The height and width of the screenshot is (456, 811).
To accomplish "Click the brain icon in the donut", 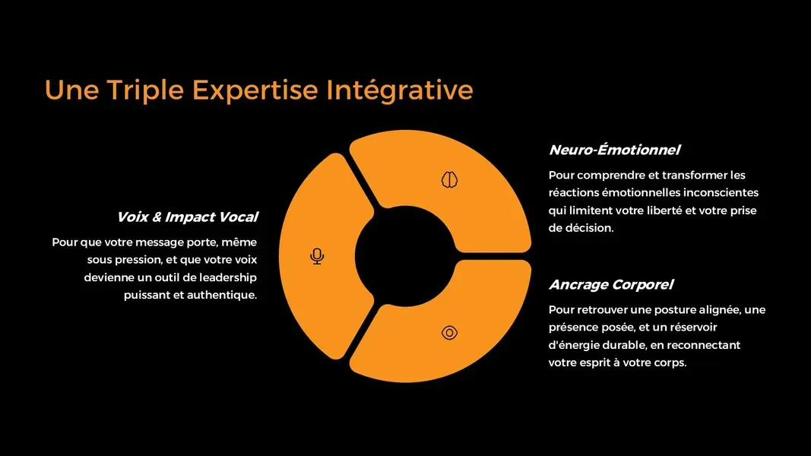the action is pos(449,179).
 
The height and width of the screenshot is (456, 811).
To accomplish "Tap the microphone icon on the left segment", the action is pos(317,256).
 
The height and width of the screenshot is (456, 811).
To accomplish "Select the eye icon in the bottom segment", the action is pos(449,332).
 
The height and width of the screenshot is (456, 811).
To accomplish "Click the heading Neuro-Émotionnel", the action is pos(614,150).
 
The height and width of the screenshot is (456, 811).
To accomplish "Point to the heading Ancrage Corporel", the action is pos(611,285).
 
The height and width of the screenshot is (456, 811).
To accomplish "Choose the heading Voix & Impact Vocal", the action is pos(187,217).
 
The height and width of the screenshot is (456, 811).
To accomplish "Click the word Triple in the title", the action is pos(145,90).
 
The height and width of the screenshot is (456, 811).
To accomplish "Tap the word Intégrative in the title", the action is pos(399,90).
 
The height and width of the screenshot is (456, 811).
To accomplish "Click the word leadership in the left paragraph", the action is pos(228,277).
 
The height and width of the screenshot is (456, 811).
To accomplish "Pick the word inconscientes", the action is pos(721,193).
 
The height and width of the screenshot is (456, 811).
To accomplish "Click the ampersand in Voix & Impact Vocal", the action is pos(157,217).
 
